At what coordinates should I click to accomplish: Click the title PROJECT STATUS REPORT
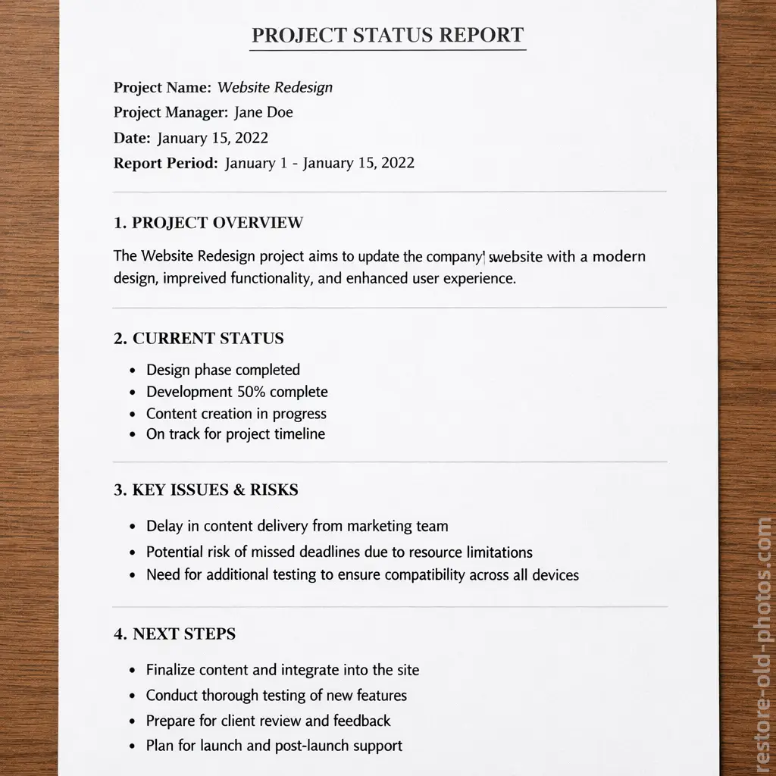387,36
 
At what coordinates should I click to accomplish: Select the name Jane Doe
264,113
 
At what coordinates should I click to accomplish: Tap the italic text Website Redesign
275,87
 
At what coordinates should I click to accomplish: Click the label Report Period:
166,163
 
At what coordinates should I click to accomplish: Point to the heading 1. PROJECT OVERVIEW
208,223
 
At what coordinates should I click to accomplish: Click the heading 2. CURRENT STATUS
199,339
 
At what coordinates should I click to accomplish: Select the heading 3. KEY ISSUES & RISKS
206,490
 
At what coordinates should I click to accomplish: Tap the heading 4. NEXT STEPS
175,634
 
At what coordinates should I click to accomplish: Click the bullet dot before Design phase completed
132,371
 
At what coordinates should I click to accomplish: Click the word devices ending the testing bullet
555,575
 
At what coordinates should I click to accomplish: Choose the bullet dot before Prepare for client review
132,721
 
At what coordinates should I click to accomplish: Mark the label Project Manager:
171,113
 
